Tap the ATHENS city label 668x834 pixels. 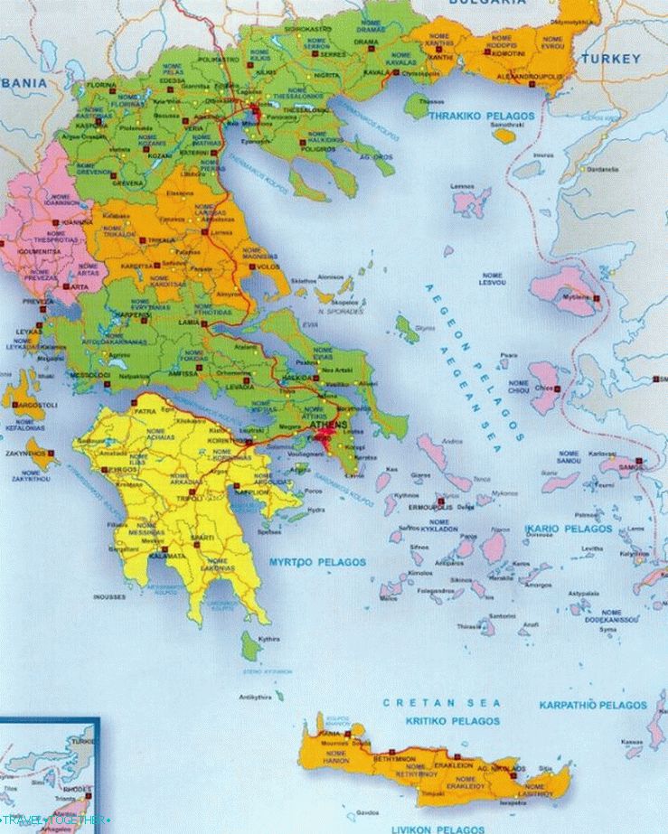(x=326, y=424)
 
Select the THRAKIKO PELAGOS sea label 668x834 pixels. (x=481, y=117)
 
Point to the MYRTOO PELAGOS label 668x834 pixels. (x=316, y=562)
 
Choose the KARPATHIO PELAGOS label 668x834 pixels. (x=593, y=705)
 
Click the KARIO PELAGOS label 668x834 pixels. (x=574, y=529)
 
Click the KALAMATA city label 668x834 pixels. (x=147, y=557)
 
